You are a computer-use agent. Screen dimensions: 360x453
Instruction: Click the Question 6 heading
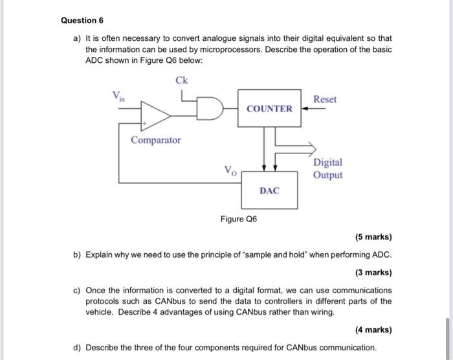pos(82,20)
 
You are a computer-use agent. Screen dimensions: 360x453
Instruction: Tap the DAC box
pos(269,190)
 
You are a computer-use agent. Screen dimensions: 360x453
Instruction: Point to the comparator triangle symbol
pos(156,115)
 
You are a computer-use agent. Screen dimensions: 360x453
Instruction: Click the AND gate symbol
pos(211,108)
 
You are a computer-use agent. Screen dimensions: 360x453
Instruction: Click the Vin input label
pos(119,96)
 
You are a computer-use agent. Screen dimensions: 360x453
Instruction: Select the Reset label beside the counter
pos(324,99)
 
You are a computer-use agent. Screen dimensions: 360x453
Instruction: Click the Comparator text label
pos(156,140)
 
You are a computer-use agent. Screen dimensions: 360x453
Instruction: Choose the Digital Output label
pos(327,168)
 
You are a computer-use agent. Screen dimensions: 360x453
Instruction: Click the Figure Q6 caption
pos(238,219)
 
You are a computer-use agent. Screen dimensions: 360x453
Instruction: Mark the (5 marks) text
pos(373,237)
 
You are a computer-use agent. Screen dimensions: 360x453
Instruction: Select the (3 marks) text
pos(373,272)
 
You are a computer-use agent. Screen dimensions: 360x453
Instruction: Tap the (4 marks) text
pos(373,330)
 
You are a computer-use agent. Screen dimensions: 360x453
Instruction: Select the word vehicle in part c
pos(100,312)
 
